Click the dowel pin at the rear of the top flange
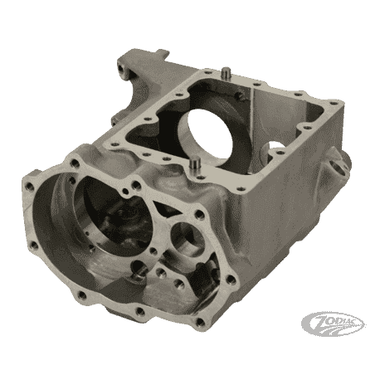[x=226, y=73]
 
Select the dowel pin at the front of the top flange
[x=196, y=163]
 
